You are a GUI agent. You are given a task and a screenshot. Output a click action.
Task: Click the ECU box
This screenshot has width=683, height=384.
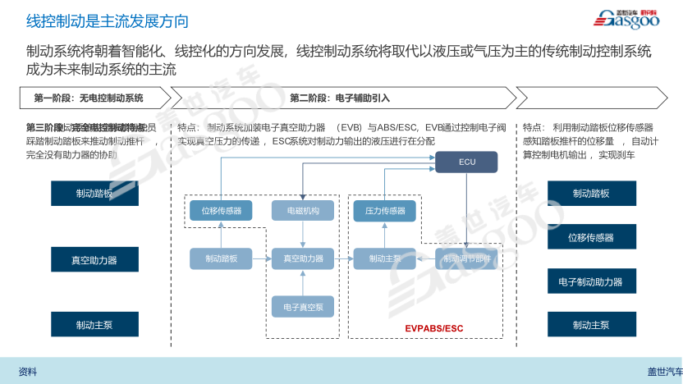(466, 162)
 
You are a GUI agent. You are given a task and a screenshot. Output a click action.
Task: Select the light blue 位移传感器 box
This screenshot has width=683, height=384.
(222, 211)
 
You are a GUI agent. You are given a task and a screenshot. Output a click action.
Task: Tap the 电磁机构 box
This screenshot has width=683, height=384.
(303, 211)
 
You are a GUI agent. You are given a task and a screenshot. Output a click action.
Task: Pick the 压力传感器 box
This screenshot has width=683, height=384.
(385, 211)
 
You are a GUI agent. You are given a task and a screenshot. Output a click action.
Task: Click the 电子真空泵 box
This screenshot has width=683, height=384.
(303, 308)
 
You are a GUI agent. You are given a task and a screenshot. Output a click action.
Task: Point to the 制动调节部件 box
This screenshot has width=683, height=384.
(466, 259)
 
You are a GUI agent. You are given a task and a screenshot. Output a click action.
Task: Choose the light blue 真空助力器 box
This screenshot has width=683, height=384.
(303, 259)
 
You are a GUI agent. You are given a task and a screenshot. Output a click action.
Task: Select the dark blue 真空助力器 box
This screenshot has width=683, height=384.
(94, 259)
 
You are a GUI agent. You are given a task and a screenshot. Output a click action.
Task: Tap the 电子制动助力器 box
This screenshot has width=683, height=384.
(591, 281)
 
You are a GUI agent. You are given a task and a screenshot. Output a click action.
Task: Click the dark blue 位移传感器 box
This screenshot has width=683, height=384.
(591, 237)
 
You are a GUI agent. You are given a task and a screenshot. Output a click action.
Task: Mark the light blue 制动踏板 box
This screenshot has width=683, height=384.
(222, 259)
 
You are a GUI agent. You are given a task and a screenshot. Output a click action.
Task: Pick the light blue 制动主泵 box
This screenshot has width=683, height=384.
(385, 259)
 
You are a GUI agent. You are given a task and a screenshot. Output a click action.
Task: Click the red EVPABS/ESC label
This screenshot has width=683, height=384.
(434, 329)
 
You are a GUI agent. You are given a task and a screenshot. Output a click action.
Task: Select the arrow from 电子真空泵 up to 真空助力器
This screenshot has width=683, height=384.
(303, 283)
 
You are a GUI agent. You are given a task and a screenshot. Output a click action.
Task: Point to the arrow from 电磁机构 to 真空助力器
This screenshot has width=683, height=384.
(303, 235)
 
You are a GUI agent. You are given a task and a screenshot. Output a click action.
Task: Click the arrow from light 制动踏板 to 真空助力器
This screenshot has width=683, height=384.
(262, 259)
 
